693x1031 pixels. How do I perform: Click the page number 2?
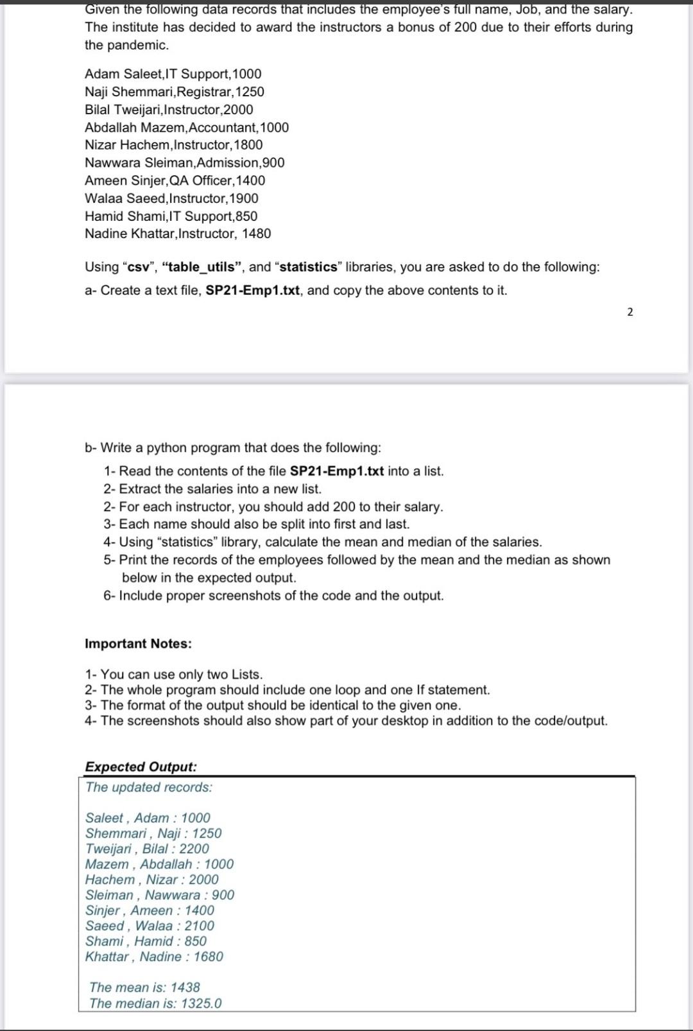[629, 312]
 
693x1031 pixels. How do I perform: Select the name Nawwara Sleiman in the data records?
[139, 163]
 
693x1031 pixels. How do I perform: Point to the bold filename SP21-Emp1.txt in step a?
[253, 290]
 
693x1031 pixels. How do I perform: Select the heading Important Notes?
[138, 644]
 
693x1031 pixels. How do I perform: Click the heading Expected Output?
[141, 767]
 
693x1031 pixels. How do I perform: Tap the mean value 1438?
[185, 987]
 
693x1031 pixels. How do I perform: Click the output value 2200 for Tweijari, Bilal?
[194, 849]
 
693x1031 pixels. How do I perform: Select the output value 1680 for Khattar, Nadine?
[208, 957]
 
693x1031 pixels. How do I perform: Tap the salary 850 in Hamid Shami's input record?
[246, 216]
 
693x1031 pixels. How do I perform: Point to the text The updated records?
[148, 787]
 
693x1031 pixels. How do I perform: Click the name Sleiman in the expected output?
[109, 895]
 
